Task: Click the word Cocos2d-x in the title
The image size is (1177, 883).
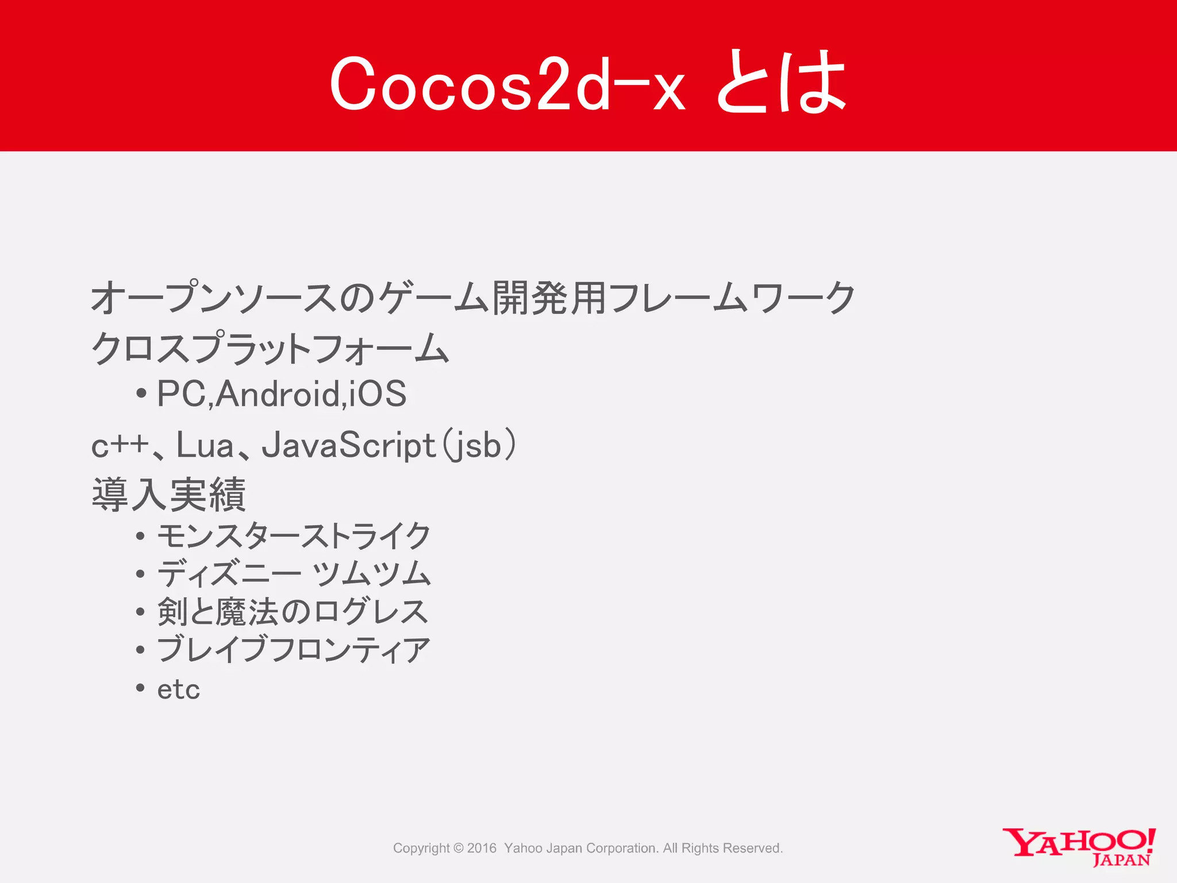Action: pyautogui.click(x=507, y=84)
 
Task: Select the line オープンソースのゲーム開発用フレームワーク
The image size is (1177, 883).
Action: pyautogui.click(x=473, y=298)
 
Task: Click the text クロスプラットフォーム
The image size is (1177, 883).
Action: pyautogui.click(x=270, y=348)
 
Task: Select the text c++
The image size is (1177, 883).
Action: pyautogui.click(x=119, y=446)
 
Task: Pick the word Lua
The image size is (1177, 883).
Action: pyautogui.click(x=205, y=445)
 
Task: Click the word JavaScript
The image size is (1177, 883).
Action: pyautogui.click(x=348, y=446)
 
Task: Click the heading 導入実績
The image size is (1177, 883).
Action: pyautogui.click(x=169, y=494)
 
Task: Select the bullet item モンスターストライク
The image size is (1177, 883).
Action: pyautogui.click(x=294, y=536)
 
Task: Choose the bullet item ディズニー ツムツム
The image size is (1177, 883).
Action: pyautogui.click(x=294, y=574)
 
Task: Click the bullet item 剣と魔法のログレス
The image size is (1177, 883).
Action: pyautogui.click(x=293, y=612)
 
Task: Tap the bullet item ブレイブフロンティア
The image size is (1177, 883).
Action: pyautogui.click(x=294, y=650)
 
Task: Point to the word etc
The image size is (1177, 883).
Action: pyautogui.click(x=179, y=689)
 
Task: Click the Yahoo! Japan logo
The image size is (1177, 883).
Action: pyautogui.click(x=1079, y=846)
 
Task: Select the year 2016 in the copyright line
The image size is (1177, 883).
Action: pyautogui.click(x=482, y=848)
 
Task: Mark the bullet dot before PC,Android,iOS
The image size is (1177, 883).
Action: pyautogui.click(x=141, y=395)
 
